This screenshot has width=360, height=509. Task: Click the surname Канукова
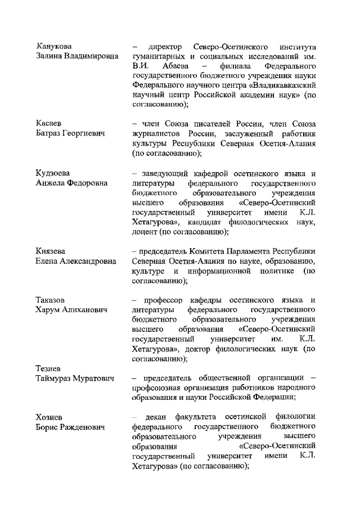point(54,46)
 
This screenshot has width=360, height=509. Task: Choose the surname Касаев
point(49,124)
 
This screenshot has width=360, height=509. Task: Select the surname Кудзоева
point(55,172)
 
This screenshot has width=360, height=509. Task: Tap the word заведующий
point(165,172)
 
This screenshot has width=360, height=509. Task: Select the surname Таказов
point(51,299)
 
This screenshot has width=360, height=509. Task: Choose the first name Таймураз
point(56,378)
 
